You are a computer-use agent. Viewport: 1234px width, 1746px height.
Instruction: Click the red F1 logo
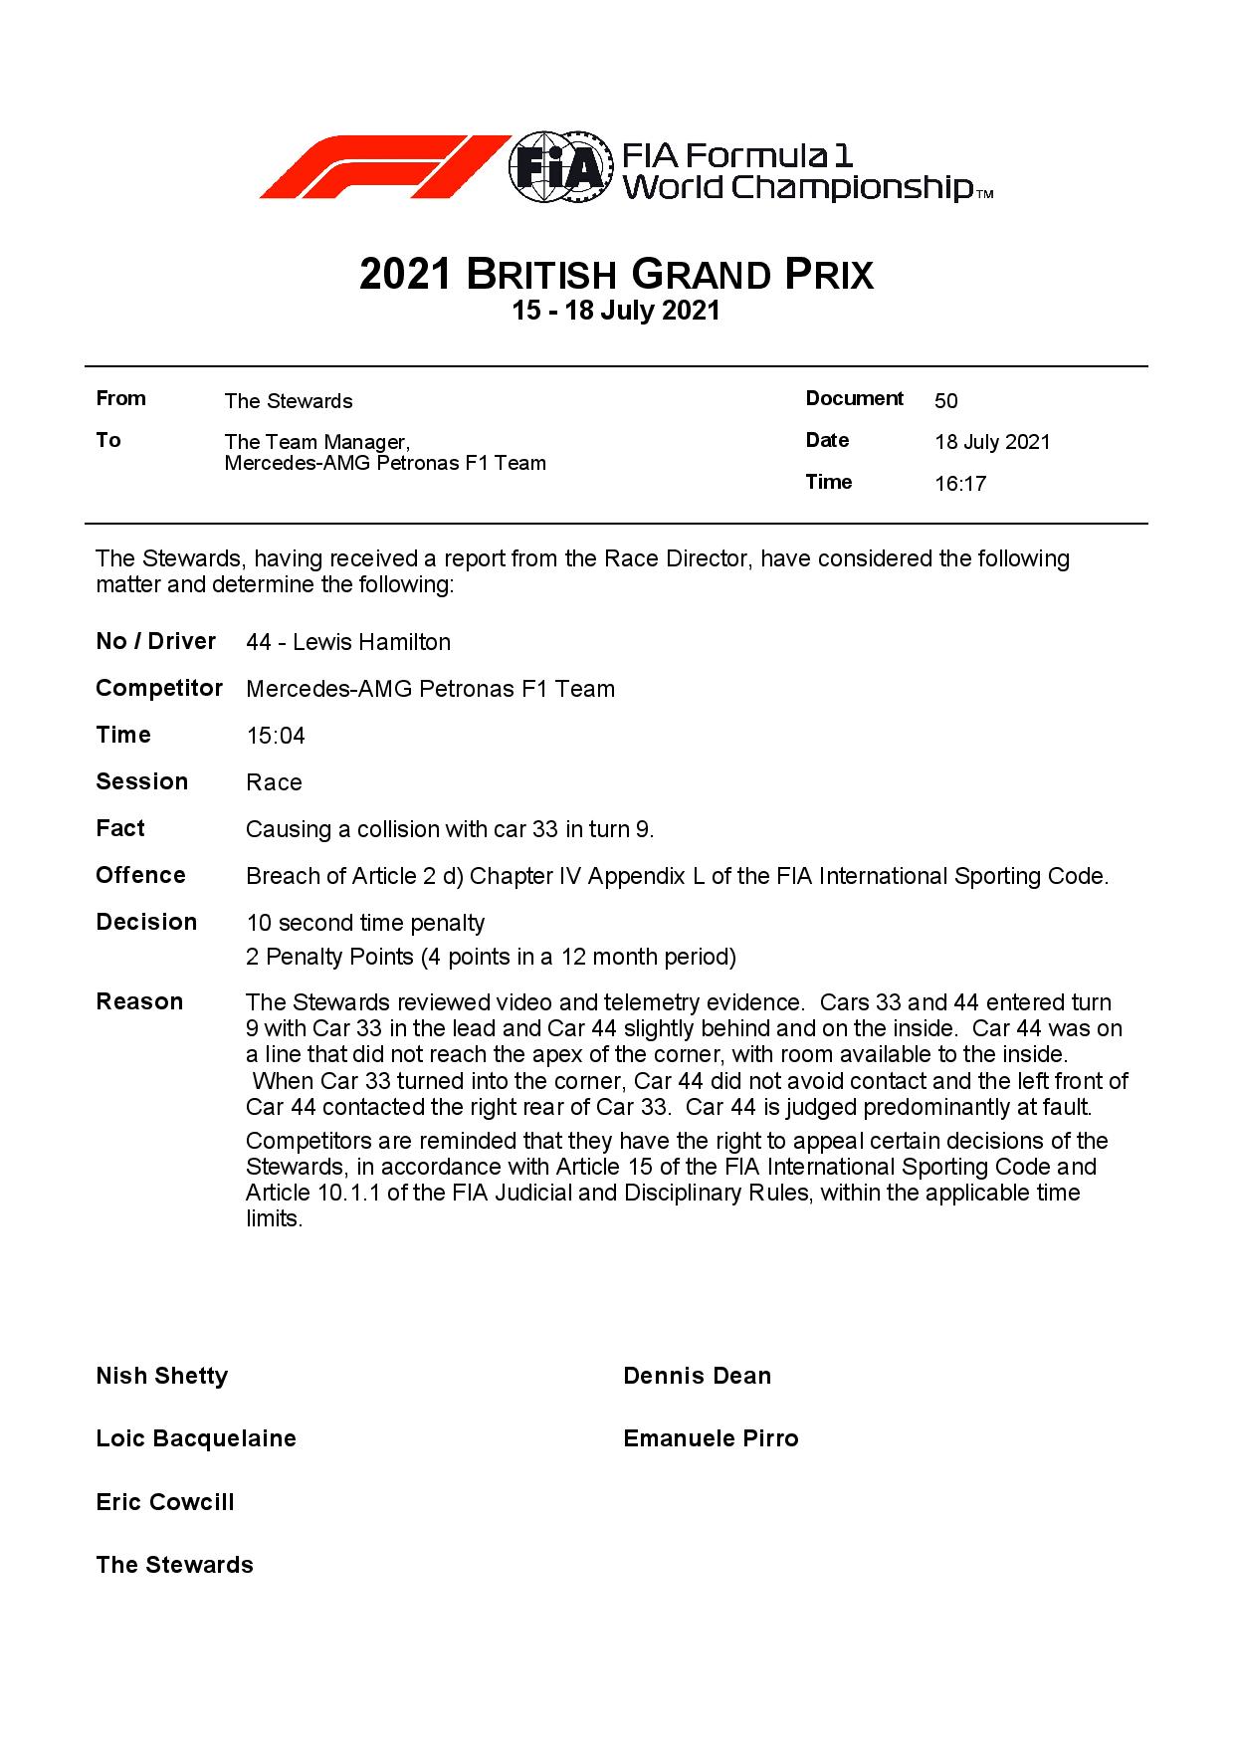coord(383,166)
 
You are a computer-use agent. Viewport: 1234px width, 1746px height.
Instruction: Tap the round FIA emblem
coord(558,167)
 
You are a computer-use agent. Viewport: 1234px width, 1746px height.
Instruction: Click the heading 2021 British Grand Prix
coord(616,274)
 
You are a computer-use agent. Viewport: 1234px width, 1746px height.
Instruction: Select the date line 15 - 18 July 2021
coord(616,311)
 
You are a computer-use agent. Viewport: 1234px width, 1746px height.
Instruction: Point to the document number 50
coord(945,401)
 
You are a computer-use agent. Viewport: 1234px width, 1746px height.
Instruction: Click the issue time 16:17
coord(960,485)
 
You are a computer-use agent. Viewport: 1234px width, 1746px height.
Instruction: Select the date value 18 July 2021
coord(992,443)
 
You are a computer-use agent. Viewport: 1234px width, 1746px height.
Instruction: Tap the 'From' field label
coord(120,399)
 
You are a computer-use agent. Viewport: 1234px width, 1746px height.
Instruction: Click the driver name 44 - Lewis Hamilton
coord(348,642)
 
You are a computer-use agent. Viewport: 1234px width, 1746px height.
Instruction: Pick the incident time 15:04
coord(276,736)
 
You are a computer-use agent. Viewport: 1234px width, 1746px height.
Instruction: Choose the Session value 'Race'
coord(274,782)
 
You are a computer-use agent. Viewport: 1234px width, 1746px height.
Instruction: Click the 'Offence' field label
coord(140,875)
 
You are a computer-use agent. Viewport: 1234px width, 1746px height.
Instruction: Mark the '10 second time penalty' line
coord(365,923)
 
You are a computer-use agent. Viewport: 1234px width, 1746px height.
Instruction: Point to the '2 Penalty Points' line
coord(491,958)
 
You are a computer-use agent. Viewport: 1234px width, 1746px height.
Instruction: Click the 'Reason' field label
coord(139,1001)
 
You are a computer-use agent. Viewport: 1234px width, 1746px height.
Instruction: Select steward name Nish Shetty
coord(162,1376)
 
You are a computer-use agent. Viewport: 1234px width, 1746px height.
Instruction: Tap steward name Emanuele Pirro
coord(711,1438)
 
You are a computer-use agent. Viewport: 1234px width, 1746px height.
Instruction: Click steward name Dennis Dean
coord(697,1376)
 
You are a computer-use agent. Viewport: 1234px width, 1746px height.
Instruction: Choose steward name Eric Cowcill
coord(165,1502)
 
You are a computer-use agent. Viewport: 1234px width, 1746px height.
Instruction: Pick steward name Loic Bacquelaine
coord(196,1438)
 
